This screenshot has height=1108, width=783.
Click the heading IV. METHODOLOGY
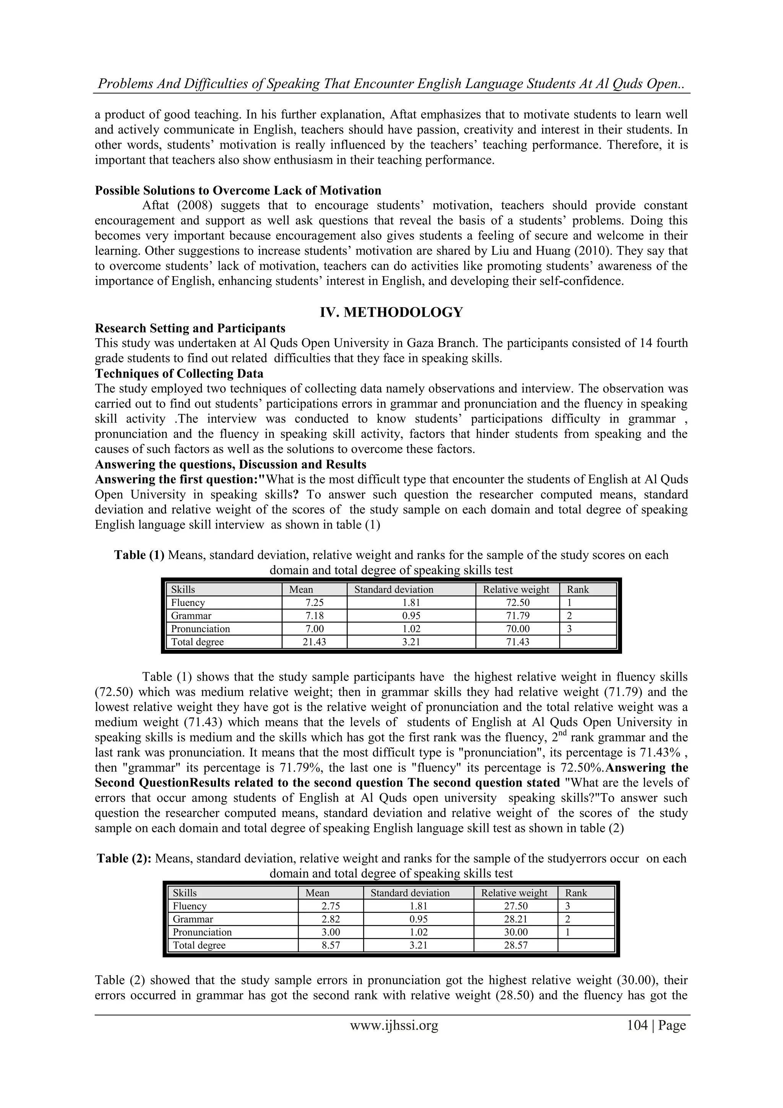pyautogui.click(x=391, y=313)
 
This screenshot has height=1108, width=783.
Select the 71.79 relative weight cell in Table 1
pyautogui.click(x=517, y=616)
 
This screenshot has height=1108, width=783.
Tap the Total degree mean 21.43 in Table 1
pyautogui.click(x=314, y=642)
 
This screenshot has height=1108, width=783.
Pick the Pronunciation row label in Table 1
pyautogui.click(x=201, y=629)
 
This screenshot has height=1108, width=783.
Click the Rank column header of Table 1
pyautogui.click(x=578, y=590)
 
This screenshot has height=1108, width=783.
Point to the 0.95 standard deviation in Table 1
pyautogui.click(x=411, y=616)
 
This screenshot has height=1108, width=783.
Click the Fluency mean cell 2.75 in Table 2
pyautogui.click(x=331, y=906)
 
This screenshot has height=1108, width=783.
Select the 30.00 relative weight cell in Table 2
pyautogui.click(x=515, y=932)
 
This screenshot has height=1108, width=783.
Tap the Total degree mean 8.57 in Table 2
pyautogui.click(x=331, y=945)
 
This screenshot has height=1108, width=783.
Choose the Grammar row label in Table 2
pyautogui.click(x=193, y=919)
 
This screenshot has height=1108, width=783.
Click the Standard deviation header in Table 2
pyautogui.click(x=410, y=893)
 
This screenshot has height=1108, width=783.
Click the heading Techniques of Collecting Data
pyautogui.click(x=179, y=373)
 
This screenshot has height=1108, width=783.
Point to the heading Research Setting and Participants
pyautogui.click(x=190, y=328)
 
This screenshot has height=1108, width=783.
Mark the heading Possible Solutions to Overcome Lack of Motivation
pyautogui.click(x=238, y=190)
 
